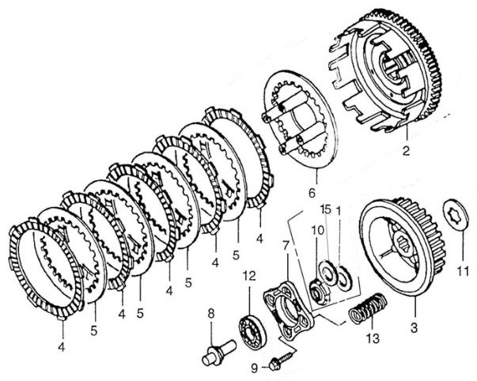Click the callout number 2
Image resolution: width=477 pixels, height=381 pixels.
tap(407, 151)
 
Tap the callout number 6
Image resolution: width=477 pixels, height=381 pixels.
tap(312, 193)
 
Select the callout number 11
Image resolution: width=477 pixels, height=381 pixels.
tap(463, 271)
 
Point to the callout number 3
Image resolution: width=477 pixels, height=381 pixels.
tap(414, 328)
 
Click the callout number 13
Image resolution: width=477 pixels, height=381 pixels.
tap(373, 338)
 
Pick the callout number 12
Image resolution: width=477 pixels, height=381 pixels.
tap(249, 276)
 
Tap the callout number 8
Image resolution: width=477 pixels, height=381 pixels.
tap(211, 314)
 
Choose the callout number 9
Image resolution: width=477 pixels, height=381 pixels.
tap(254, 368)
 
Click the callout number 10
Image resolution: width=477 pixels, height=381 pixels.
tap(317, 231)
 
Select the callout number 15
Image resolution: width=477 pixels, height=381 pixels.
tap(326, 209)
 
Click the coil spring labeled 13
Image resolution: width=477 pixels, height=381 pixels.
tap(368, 308)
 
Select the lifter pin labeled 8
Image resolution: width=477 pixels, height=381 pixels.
tap(219, 352)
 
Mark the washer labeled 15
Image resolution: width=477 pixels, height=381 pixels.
tap(329, 272)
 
